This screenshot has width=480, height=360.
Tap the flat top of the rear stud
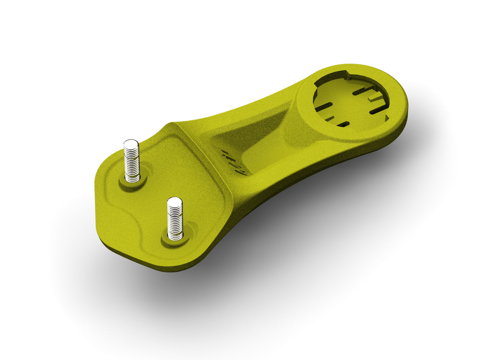(x=131, y=144)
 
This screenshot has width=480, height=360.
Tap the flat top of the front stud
(x=174, y=201)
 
